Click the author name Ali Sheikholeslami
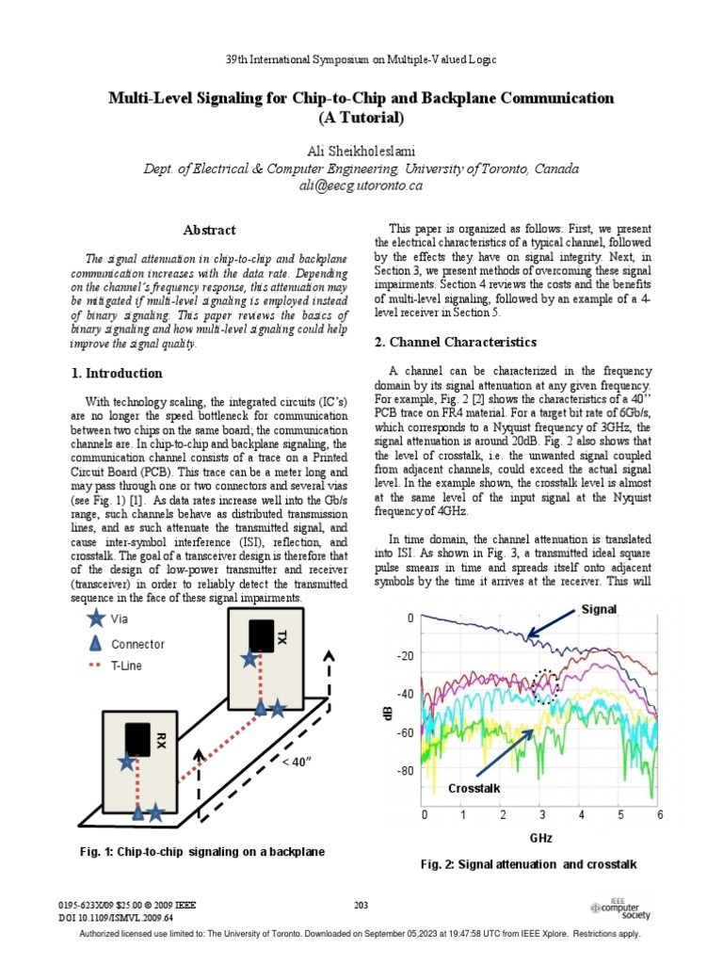361,152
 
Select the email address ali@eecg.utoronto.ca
361,185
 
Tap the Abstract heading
209,230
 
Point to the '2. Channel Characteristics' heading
456,342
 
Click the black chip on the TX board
261,636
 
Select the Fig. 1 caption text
202,851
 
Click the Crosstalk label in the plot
474,787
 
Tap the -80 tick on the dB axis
406,771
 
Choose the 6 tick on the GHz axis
660,813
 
